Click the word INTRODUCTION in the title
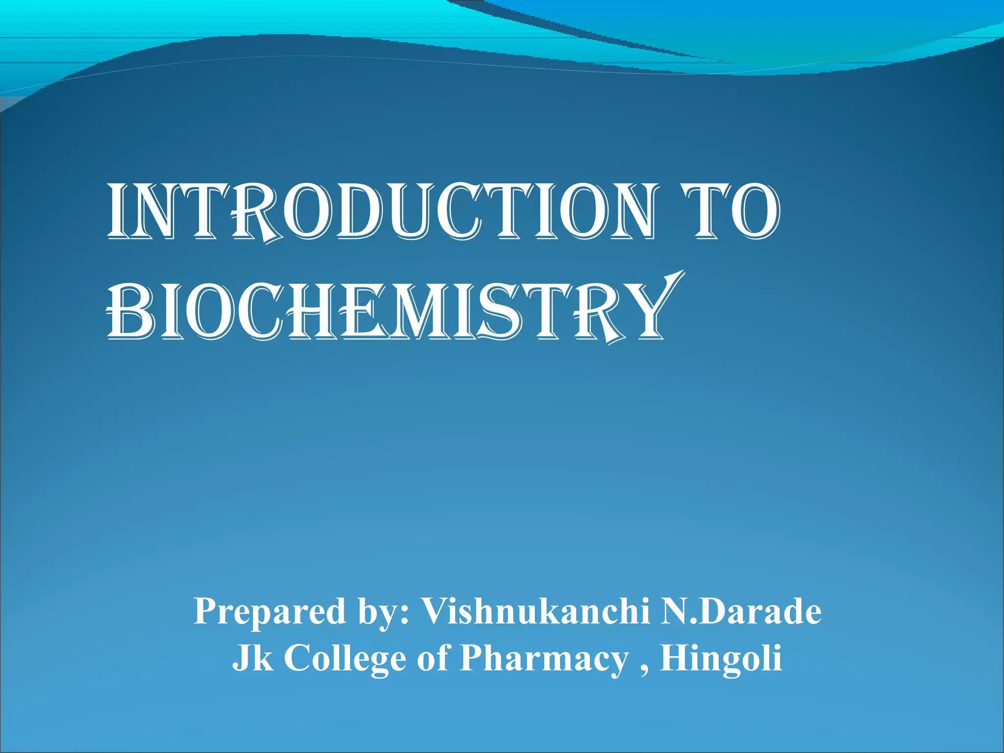coord(380,212)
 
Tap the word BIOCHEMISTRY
coord(387,314)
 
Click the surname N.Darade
coord(740,612)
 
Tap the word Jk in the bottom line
coord(252,658)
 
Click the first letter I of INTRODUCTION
coord(116,212)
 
